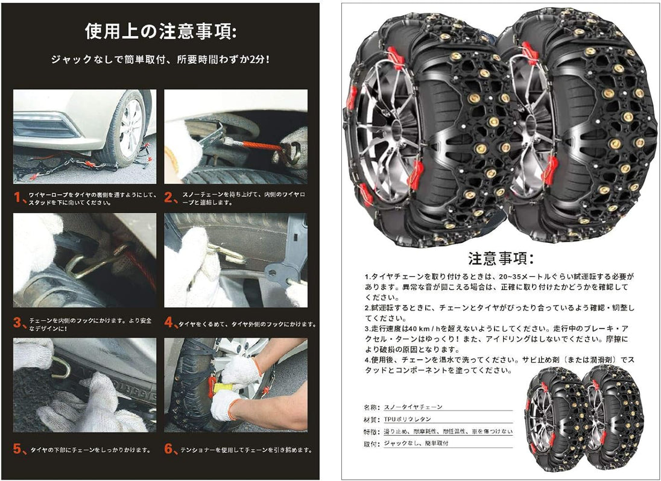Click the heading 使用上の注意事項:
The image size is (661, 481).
coord(160,31)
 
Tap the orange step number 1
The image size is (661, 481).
coord(17,197)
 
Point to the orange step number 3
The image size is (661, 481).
coord(17,322)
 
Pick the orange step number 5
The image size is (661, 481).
coord(17,449)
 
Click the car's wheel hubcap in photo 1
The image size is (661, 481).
coord(131,128)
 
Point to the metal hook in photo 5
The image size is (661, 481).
coord(60,367)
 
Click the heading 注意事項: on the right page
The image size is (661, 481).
coord(501,258)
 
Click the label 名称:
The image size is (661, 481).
coord(372,407)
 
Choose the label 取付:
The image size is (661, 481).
coord(372,444)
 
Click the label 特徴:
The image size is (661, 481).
coord(372,432)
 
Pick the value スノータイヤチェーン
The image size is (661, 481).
coord(413,407)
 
